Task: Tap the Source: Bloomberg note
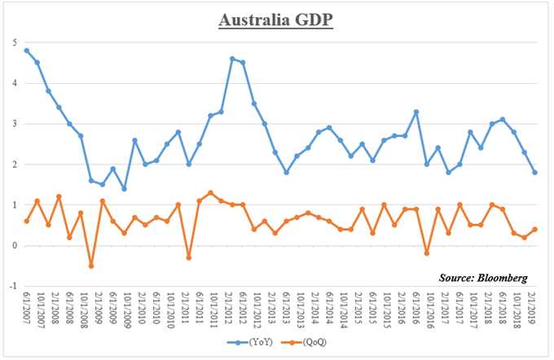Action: [x=481, y=277]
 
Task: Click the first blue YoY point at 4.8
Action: [x=26, y=50]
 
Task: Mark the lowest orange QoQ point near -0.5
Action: [x=91, y=266]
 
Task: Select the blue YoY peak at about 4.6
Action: [x=232, y=59]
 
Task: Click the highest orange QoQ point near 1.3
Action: [x=210, y=193]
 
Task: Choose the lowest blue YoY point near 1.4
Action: [x=124, y=189]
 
